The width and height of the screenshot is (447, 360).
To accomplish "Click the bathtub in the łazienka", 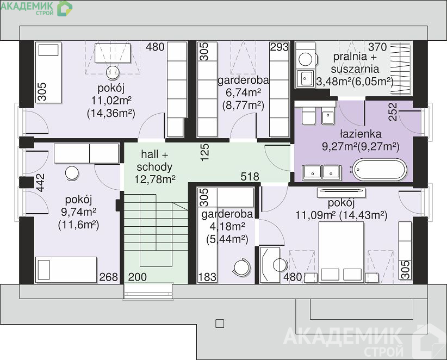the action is pos(379,170).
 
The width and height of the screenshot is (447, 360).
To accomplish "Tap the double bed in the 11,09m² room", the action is pos(342,252).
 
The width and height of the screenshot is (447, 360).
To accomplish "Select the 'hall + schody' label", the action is pos(154,160).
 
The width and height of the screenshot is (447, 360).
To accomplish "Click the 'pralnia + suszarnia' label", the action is pos(355,63).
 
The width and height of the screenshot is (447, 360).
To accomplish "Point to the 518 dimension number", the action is pos(250,177).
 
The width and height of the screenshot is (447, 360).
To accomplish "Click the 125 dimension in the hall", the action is pos(204,152).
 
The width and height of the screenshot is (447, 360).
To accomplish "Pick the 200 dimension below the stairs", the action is pos(138,277).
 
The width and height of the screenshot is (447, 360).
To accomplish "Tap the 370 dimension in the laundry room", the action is pos(377,47).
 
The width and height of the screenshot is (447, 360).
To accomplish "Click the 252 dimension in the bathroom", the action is pos(393,111).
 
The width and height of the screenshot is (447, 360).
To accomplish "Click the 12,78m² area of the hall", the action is pos(155,179).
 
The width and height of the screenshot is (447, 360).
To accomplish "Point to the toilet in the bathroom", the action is pos(308,115).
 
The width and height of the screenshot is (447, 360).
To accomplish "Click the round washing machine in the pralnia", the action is pos(305,60).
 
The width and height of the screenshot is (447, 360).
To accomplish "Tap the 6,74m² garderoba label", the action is pos(243,92).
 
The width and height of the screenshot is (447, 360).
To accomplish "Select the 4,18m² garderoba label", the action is pos(227,227).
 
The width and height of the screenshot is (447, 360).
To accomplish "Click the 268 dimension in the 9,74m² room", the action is pos(109,277).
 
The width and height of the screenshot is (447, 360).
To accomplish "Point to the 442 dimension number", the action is pos(40,183).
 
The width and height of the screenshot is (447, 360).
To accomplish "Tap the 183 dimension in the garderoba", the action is pos(207,277).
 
